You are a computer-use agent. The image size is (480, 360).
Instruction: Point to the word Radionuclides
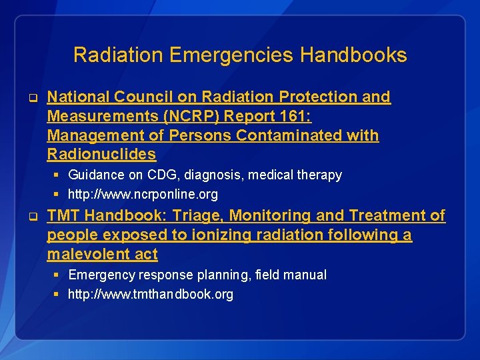[x=101, y=155]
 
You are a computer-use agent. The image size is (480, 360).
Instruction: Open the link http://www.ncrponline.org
[x=143, y=195]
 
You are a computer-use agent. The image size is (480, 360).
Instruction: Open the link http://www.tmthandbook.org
[x=151, y=294]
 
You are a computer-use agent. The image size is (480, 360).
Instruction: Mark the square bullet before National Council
[x=31, y=97]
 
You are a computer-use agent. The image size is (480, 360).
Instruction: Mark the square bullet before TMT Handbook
[x=31, y=216]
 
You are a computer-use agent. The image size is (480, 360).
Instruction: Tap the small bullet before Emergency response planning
[x=57, y=275]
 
